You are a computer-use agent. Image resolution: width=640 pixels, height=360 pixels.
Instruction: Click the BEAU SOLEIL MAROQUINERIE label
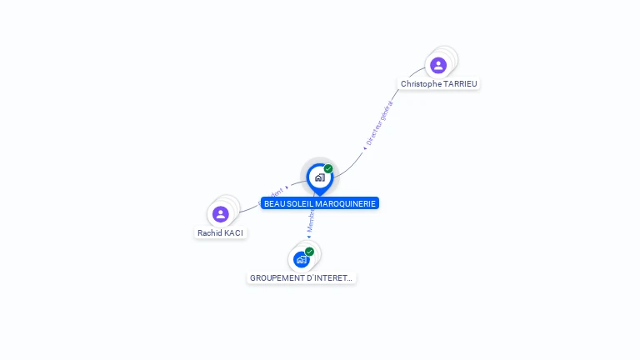pos(320,203)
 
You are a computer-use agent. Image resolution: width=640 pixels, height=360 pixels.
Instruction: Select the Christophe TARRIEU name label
pos(439,84)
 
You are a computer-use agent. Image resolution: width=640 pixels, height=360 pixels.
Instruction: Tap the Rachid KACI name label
pos(220,233)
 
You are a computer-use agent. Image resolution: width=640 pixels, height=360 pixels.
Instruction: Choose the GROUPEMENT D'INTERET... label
pos(301,278)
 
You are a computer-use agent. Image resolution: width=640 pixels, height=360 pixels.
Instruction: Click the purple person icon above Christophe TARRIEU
pos(438,65)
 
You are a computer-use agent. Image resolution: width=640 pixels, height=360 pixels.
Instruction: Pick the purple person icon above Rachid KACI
pos(220,214)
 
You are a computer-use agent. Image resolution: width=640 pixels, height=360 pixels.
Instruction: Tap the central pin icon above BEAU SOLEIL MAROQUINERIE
pos(319,177)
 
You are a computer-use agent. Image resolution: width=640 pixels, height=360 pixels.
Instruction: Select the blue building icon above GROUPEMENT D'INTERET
pos(301,259)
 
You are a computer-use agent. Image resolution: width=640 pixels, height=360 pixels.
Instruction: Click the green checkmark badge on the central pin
pos(328,168)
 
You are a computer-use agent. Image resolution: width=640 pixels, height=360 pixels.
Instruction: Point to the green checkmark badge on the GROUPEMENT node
pos(309,251)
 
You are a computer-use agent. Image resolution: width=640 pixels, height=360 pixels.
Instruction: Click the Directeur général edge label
pos(379,122)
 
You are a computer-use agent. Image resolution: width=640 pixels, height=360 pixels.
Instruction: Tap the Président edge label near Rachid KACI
pos(272,193)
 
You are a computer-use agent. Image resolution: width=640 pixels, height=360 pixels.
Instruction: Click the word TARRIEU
pos(461,84)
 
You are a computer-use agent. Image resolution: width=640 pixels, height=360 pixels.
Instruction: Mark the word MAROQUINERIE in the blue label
pos(345,203)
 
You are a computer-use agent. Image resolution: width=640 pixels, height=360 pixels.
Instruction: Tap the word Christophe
pos(422,84)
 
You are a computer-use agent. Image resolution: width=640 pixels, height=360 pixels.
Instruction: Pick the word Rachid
pos(209,233)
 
